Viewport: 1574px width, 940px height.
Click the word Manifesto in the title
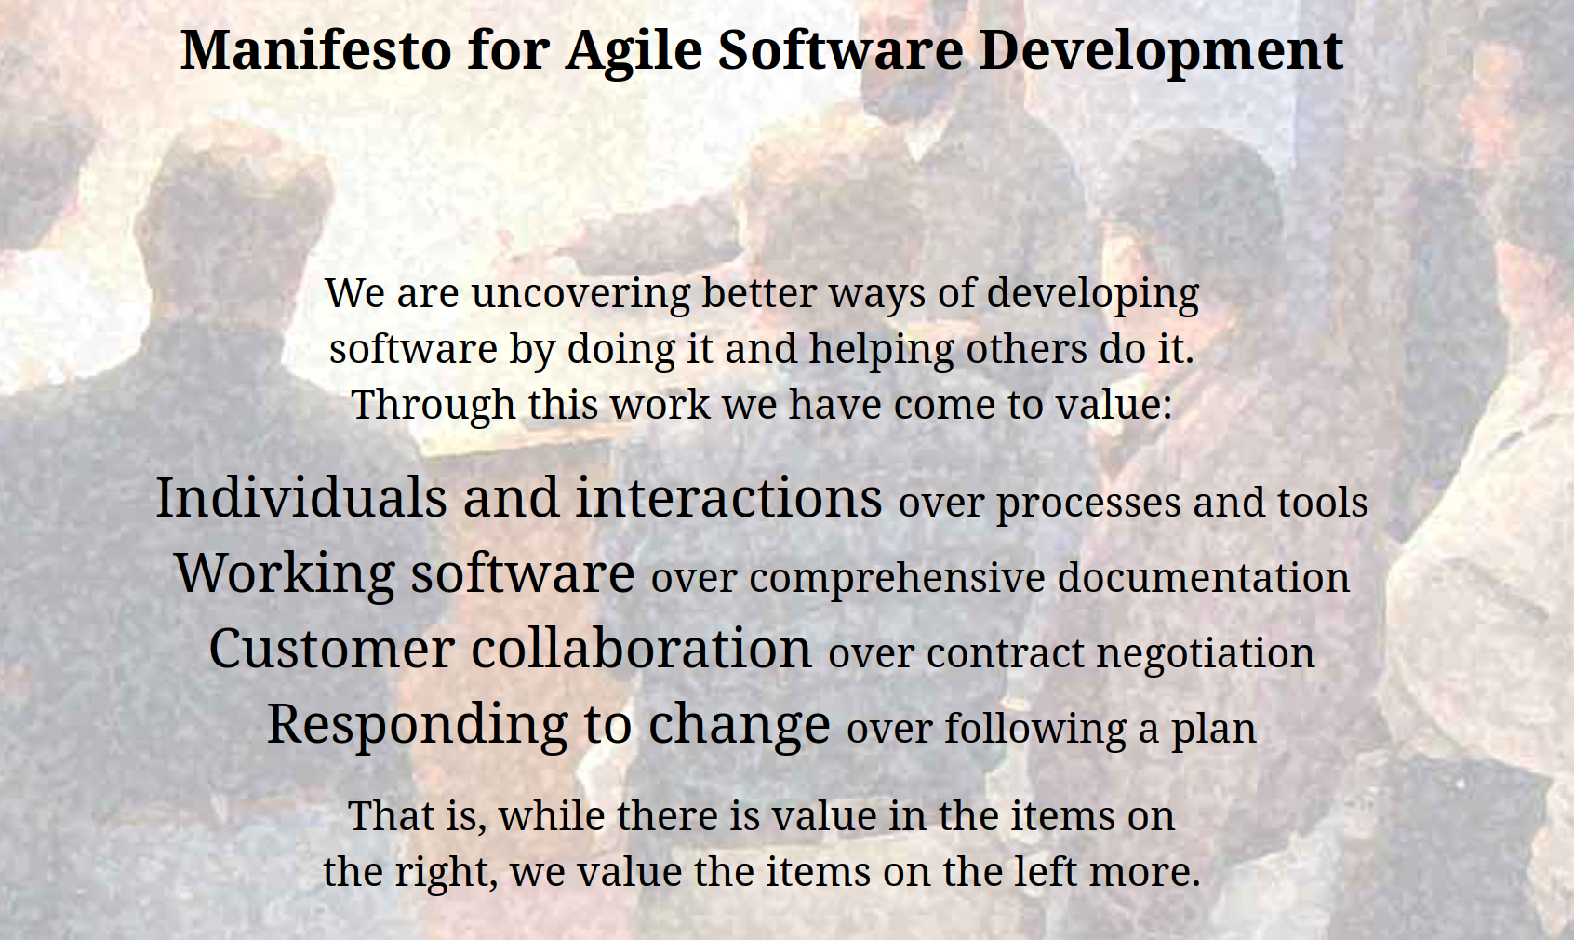coord(315,50)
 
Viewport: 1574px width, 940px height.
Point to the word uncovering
coord(581,293)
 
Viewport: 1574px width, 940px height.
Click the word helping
coord(881,349)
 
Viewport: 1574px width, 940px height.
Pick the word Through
coord(434,405)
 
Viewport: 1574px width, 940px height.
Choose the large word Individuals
coord(300,497)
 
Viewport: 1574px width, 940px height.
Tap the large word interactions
coord(728,497)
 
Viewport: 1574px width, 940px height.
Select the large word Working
coord(285,574)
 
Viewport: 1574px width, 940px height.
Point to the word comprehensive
coord(898,579)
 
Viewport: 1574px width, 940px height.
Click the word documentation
coord(1203,578)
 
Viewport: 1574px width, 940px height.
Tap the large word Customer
coord(332,649)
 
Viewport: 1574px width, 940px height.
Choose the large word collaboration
coord(641,648)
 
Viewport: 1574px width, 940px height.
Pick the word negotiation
coord(1205,654)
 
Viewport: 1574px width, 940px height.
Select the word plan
coord(1213,730)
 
